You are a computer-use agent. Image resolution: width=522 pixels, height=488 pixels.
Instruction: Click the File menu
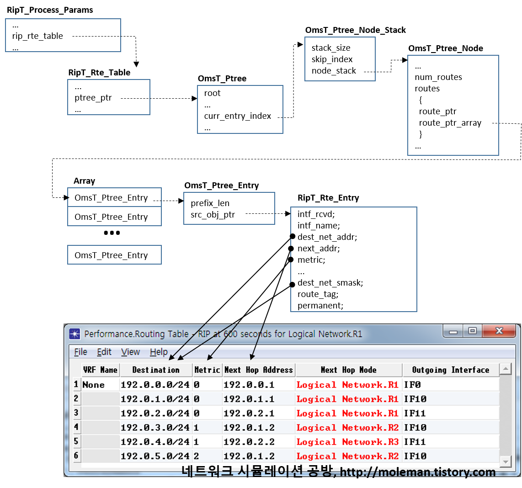80,352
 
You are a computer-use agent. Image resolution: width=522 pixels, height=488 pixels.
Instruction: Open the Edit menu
104,352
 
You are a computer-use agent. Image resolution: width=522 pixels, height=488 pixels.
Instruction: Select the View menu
130,352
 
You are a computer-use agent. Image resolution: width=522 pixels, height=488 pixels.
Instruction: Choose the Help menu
159,352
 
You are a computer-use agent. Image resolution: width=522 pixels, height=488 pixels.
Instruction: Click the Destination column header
155,370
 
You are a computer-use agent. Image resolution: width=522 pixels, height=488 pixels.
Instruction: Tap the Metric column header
207,370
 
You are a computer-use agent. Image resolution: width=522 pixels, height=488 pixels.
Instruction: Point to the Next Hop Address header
258,370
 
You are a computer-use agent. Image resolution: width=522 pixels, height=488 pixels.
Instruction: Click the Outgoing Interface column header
450,370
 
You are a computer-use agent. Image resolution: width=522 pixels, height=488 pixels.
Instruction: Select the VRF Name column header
100,370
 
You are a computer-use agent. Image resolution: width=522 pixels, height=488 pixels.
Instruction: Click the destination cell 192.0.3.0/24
155,428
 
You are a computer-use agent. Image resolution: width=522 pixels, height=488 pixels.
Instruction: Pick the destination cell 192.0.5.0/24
155,456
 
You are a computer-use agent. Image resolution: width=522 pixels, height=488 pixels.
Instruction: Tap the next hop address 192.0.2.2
249,442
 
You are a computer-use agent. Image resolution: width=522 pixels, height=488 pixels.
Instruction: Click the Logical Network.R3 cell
347,442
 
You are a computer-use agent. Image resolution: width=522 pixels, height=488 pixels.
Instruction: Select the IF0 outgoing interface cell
412,385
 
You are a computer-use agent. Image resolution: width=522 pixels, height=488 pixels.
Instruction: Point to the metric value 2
197,456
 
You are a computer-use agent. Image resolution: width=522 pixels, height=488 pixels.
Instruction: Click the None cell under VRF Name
94,385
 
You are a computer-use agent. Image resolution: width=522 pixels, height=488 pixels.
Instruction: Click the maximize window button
472,331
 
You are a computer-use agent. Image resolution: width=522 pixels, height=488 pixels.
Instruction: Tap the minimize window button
453,331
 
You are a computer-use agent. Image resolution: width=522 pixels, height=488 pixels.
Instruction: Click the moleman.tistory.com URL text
418,472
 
